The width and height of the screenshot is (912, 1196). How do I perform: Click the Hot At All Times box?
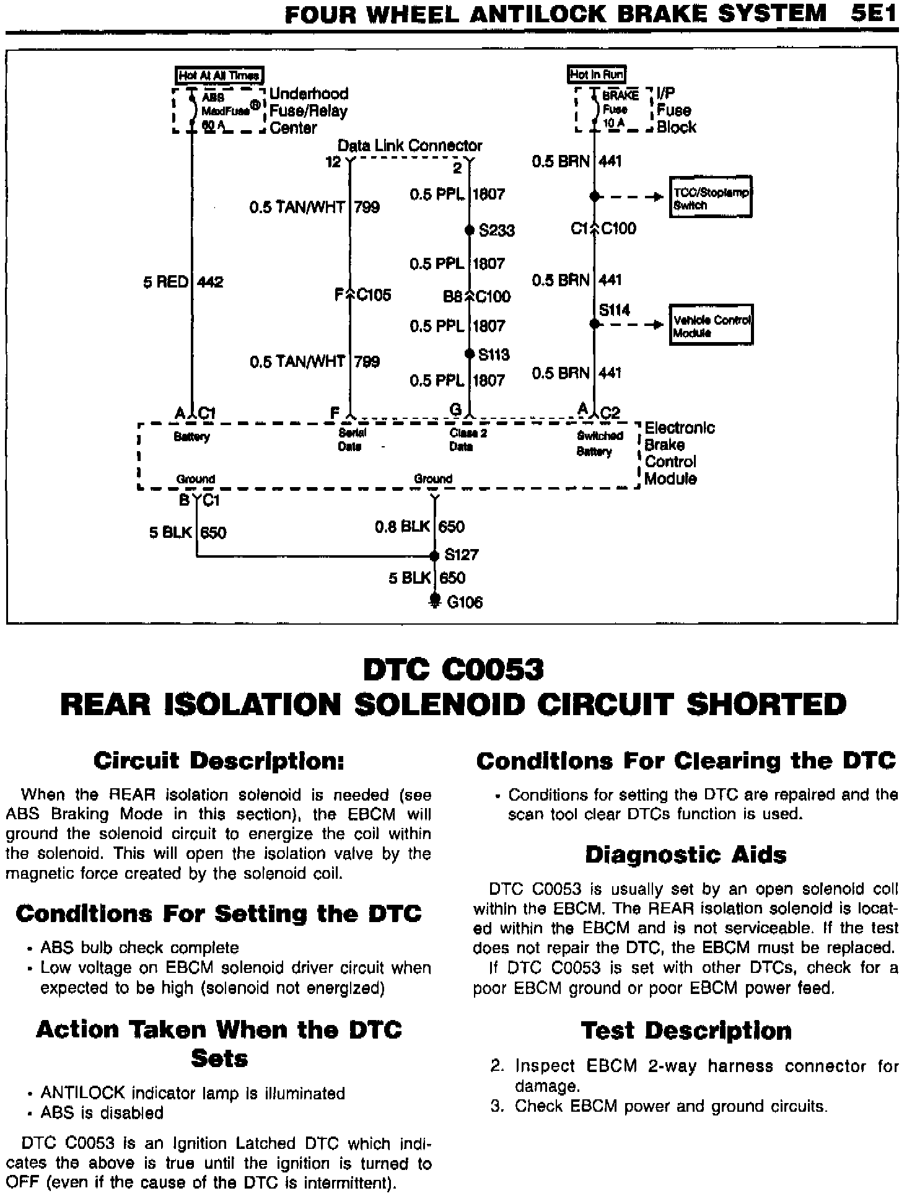[x=220, y=76]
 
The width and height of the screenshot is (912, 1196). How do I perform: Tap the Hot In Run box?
[x=597, y=75]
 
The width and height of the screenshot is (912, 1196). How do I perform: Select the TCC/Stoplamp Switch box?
[x=711, y=198]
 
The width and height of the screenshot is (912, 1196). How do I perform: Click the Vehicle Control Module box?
[x=711, y=325]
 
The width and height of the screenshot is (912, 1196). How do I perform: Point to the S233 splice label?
[x=497, y=231]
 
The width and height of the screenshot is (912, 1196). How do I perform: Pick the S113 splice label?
[x=494, y=354]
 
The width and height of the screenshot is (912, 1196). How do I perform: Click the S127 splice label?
[x=462, y=555]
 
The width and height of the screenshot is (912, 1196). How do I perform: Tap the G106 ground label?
[x=464, y=602]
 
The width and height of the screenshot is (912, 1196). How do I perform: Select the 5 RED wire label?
[x=165, y=283]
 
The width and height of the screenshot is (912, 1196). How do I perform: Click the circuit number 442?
[x=210, y=283]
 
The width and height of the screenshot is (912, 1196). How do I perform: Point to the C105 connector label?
[x=374, y=295]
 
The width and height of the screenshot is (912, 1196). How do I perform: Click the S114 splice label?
[x=615, y=310]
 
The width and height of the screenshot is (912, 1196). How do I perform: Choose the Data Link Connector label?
[x=410, y=146]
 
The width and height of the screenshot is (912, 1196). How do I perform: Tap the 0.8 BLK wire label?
[x=402, y=527]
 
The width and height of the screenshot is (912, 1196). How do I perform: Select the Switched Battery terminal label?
[x=599, y=443]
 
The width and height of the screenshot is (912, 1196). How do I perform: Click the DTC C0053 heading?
[x=453, y=670]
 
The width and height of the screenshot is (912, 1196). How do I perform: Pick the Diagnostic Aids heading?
[x=686, y=855]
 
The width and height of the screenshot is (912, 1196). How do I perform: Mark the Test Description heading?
[x=686, y=1031]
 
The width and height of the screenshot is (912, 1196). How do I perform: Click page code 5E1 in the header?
[x=874, y=14]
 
